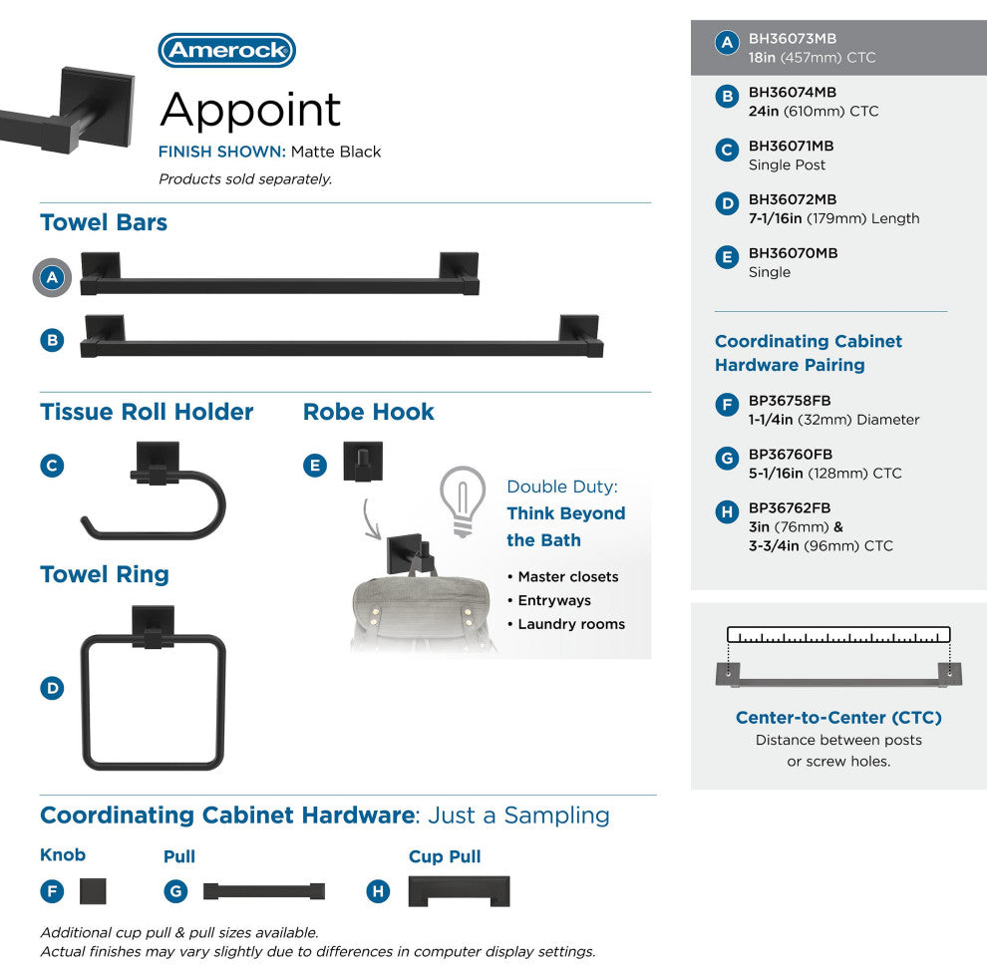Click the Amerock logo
coord(226,51)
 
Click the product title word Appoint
coord(250,111)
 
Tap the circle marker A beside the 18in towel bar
coord(53,278)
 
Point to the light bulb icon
coord(462,501)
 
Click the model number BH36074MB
coord(793,92)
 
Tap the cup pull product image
coord(459,891)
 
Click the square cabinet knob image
coord(93,890)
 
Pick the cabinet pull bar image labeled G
coord(263,891)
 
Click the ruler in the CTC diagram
coord(838,634)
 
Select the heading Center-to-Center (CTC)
coord(838,718)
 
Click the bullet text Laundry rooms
coord(571,624)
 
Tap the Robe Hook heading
coord(369,412)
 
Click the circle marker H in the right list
coord(727,512)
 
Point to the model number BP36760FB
coord(791,455)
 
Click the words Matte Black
coord(336,153)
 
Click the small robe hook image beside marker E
coord(363,462)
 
